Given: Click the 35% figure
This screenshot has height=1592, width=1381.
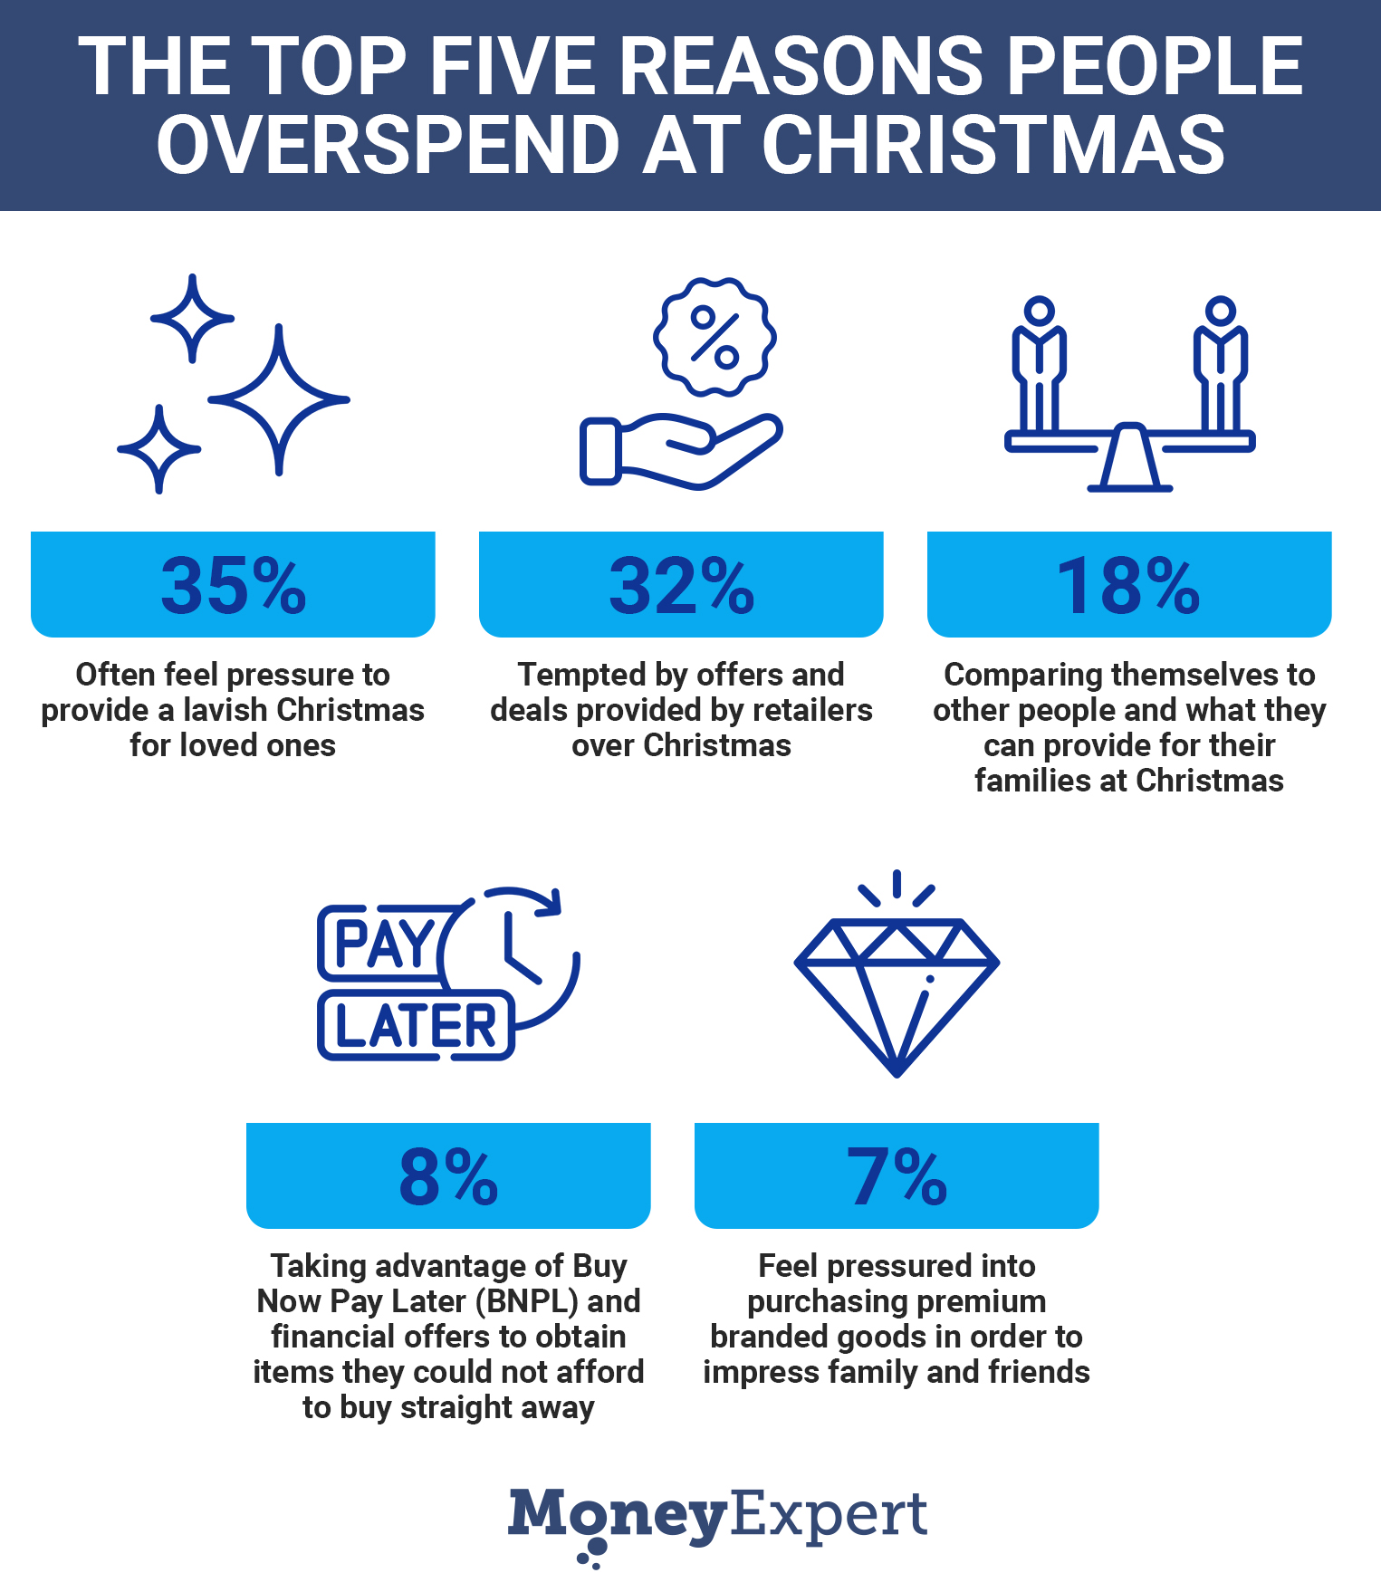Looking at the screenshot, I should [x=234, y=586].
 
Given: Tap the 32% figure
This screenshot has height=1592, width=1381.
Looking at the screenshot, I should [x=681, y=586].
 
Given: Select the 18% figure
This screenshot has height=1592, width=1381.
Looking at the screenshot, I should [x=1128, y=586].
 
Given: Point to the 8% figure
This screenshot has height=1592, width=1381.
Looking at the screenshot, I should [x=448, y=1177].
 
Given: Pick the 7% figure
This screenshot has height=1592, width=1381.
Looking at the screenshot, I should [x=897, y=1177].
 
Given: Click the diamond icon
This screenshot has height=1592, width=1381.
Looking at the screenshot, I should [x=897, y=987].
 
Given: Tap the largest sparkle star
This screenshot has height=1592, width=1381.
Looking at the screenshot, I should [x=279, y=399].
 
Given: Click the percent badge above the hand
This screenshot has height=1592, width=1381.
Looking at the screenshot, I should [x=714, y=338].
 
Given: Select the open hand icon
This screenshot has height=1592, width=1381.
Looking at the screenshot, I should [x=679, y=450].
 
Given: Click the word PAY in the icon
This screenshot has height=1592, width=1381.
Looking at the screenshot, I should [x=385, y=945].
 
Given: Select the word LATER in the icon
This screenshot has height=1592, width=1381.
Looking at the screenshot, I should [x=416, y=1027].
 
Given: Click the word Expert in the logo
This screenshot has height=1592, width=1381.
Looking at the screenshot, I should [x=829, y=1516].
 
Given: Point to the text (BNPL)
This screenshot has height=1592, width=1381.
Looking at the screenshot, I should [x=532, y=1301].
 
